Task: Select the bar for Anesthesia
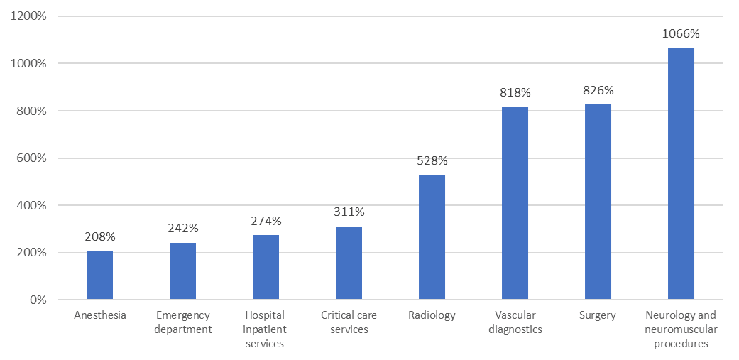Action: coord(99,276)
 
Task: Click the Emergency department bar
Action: coord(182,271)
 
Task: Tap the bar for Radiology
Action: coord(432,237)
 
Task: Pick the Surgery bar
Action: coord(598,202)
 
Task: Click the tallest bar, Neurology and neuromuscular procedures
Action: coord(681,174)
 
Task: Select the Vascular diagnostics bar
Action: coord(515,203)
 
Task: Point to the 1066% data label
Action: coord(681,33)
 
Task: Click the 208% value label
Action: coord(99,236)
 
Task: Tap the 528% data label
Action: coord(432,160)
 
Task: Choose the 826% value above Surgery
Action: coord(598,90)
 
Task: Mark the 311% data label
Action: coord(349,212)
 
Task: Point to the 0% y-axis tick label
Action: coord(37,300)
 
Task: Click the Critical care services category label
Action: coord(349,322)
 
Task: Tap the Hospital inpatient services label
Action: coord(266,329)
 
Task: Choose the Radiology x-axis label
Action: coord(432,315)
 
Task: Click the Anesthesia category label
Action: coord(99,315)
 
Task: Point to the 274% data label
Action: coord(266,220)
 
